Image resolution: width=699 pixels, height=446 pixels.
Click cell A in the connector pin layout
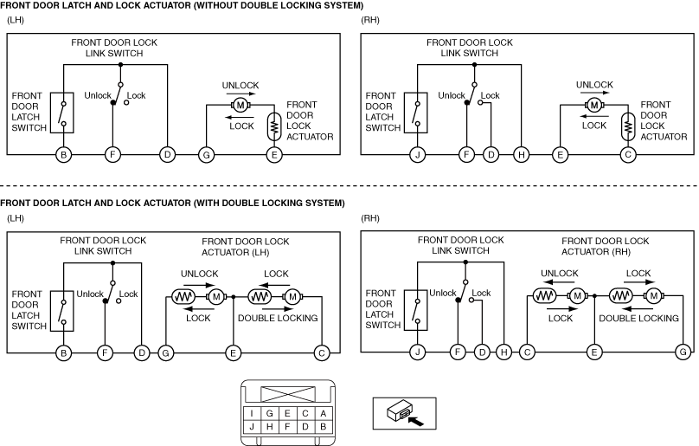point(324,413)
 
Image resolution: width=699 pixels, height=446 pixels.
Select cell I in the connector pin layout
point(252,413)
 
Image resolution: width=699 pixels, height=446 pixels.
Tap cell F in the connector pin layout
point(287,426)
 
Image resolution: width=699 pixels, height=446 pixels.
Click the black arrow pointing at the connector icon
point(416,420)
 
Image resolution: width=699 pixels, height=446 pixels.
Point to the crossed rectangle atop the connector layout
point(288,395)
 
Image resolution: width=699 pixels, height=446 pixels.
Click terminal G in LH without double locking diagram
point(207,155)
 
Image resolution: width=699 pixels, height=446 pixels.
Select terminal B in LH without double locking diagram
point(64,155)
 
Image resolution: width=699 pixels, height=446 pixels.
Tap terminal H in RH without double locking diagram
point(521,155)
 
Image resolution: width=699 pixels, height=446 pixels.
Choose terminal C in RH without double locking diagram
point(628,155)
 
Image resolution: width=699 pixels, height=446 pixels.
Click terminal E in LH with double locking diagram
point(233,353)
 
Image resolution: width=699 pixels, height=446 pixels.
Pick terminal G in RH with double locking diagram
point(683,352)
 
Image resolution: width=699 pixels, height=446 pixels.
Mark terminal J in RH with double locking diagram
point(418,352)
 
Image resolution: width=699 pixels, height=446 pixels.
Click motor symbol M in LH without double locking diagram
point(240,106)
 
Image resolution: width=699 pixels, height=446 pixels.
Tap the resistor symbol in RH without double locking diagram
point(628,126)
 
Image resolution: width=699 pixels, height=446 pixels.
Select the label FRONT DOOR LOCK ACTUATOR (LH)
point(245,247)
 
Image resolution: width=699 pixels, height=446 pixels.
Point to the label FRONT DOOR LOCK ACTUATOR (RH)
point(605,247)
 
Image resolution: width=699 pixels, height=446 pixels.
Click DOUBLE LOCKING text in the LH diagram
point(278,318)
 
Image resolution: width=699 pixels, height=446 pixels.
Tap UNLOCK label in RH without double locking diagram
point(594,85)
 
